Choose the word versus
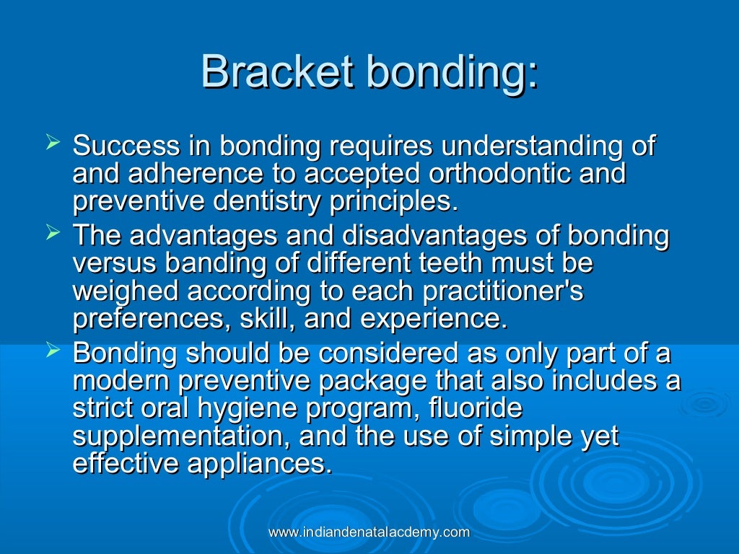tap(115, 263)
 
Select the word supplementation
tap(180, 436)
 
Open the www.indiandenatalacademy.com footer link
tap(369, 532)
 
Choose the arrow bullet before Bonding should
tap(51, 351)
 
